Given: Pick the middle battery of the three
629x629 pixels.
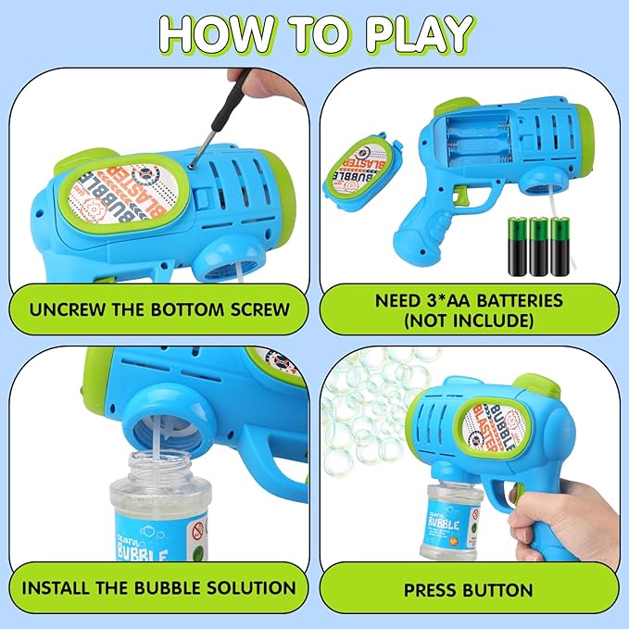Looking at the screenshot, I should (x=538, y=245).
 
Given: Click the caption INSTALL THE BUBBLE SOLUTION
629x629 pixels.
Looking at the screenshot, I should (x=158, y=587).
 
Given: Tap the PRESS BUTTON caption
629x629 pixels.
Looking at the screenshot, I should (x=468, y=589).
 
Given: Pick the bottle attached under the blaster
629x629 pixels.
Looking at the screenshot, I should (x=446, y=518).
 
